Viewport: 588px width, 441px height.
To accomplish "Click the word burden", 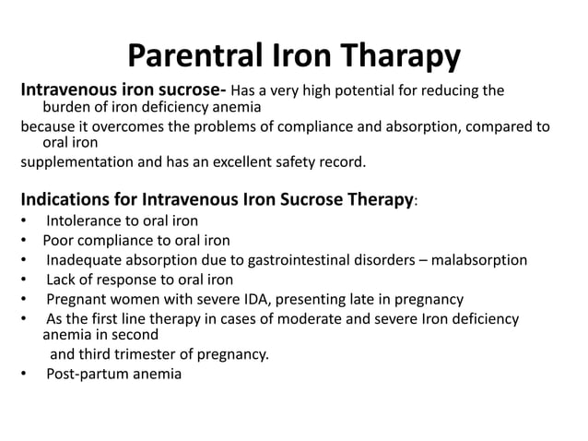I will click(x=65, y=108).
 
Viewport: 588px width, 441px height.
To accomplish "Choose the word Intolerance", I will click(x=84, y=221).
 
